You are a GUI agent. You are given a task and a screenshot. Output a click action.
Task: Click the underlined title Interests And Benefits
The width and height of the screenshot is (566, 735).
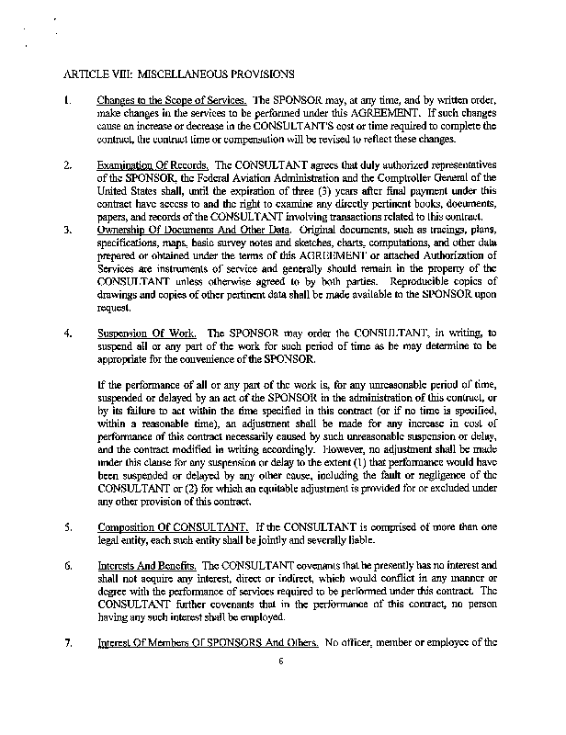coord(144,565)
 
